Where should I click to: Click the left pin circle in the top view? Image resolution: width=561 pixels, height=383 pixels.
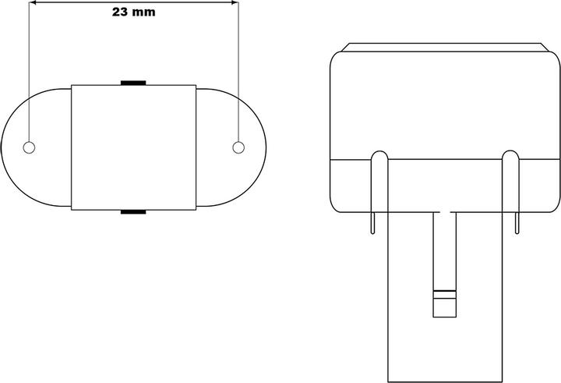[30, 147]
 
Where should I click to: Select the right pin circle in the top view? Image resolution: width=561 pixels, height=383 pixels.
[238, 147]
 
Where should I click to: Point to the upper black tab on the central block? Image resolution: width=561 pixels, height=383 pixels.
[133, 81]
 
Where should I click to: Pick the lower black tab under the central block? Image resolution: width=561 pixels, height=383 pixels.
[133, 211]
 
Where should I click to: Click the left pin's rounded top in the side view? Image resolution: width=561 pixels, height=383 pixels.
[378, 154]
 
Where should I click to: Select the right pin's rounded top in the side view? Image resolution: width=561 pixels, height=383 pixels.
[510, 154]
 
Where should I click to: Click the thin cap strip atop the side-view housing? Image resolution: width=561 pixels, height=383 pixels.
[443, 47]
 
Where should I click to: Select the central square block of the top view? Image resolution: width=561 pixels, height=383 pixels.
[133, 147]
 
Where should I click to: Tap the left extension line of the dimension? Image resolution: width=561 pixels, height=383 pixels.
[29, 70]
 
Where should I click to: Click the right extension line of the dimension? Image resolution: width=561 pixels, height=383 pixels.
[238, 70]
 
